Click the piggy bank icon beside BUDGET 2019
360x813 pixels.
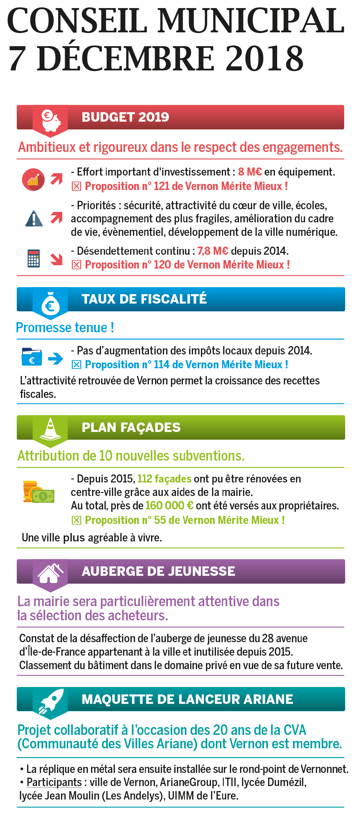[51, 120]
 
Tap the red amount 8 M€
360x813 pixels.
[250, 172]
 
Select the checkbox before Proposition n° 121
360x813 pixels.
[77, 186]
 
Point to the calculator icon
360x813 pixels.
[34, 258]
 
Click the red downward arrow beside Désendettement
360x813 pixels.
[57, 259]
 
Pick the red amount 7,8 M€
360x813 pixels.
[213, 251]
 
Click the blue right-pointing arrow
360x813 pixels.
[56, 358]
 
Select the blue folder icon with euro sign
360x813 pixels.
[32, 357]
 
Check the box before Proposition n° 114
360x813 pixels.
[77, 365]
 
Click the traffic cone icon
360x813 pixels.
[50, 429]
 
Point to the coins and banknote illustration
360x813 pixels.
[38, 492]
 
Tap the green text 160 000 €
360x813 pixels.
[169, 506]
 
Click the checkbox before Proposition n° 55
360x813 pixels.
[77, 520]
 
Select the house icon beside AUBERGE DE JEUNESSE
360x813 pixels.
[50, 573]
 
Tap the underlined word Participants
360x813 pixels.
[54, 782]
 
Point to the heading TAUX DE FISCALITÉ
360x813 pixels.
[144, 299]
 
